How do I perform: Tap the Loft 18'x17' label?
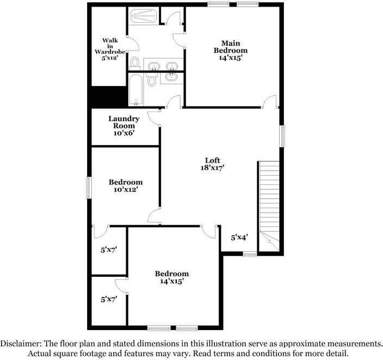click(x=212, y=164)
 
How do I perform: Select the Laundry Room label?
click(x=124, y=126)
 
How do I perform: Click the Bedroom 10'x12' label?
click(x=126, y=186)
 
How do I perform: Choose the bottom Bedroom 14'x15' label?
click(x=171, y=277)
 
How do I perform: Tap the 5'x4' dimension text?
click(x=239, y=238)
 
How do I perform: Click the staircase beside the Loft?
click(x=268, y=201)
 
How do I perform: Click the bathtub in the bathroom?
click(x=135, y=91)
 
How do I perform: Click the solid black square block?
click(x=108, y=98)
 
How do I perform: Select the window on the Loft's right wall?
click(x=282, y=136)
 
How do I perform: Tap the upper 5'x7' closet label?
click(x=109, y=250)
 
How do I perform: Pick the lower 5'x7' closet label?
click(x=109, y=299)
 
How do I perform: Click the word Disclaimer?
click(x=24, y=344)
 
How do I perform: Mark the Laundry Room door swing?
click(x=155, y=116)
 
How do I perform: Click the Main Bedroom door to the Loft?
click(x=271, y=101)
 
